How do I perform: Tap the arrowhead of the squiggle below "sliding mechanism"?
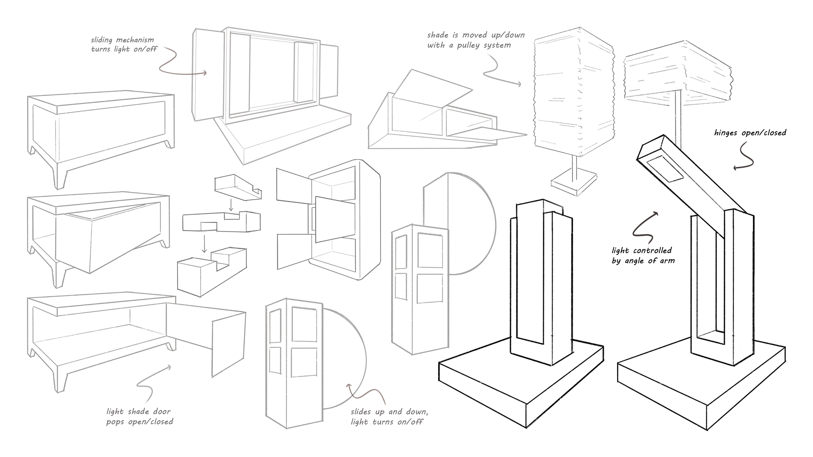[205, 73]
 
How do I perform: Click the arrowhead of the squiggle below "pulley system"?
[519, 84]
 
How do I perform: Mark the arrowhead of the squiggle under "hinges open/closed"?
[735, 168]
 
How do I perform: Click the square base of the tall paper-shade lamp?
[574, 182]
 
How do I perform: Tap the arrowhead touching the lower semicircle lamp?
[348, 386]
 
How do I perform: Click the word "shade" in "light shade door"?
[138, 412]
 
